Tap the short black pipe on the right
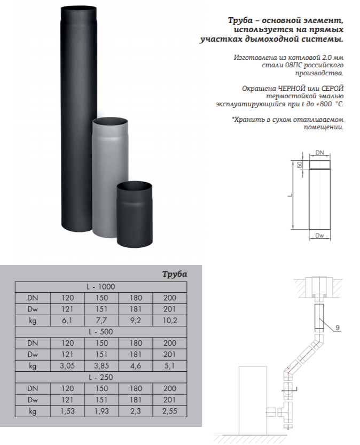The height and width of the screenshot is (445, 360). tap(135, 215)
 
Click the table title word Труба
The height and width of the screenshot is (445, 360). tap(175, 274)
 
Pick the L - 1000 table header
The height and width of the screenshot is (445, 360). tap(101, 287)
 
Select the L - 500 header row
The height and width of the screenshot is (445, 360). tap(101, 332)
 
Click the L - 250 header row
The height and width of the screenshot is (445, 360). tap(101, 377)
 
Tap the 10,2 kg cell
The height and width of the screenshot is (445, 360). tap(170, 321)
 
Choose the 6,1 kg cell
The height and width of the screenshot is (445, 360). tap(67, 321)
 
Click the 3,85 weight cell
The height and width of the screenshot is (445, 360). tap(101, 366)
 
